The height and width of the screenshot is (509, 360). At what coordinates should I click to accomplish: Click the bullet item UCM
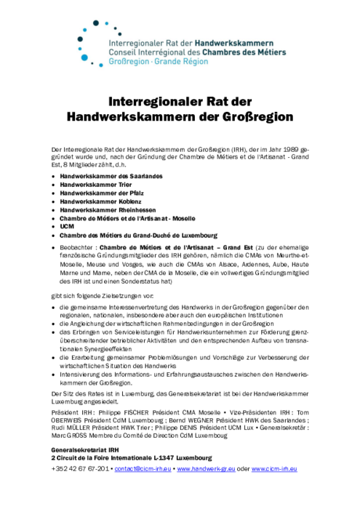(x=67, y=226)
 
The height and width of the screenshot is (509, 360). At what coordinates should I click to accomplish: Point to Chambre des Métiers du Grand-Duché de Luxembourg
(x=138, y=235)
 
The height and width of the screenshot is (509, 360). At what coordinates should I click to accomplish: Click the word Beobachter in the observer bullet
(x=77, y=247)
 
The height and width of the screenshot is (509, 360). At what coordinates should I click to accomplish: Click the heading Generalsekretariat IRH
(x=87, y=451)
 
